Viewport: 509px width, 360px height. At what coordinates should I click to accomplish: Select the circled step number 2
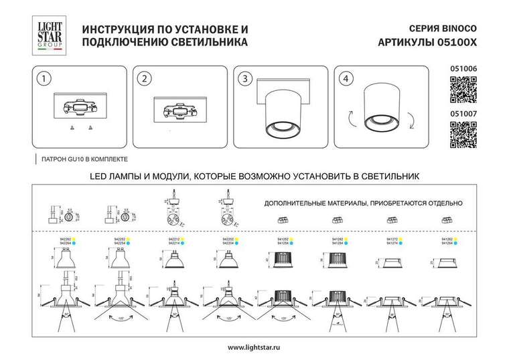(x=143, y=78)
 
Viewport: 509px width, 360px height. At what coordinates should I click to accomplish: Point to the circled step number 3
(x=245, y=78)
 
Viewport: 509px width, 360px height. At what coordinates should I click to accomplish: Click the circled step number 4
(x=345, y=78)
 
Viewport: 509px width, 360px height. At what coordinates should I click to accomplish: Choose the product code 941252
(x=282, y=238)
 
